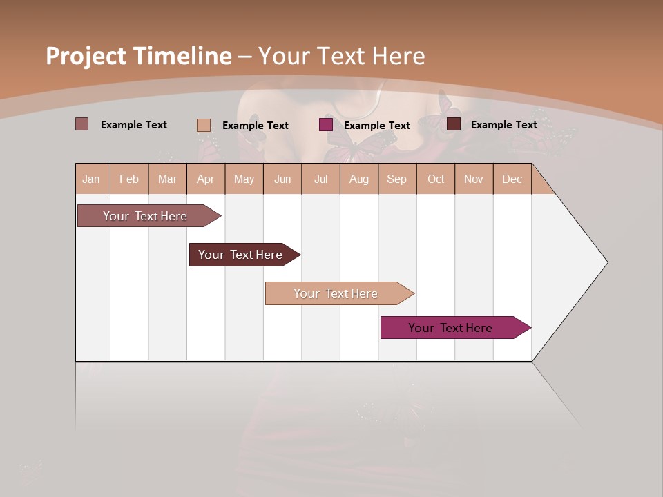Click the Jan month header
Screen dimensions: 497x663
91,179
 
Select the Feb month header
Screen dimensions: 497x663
129,179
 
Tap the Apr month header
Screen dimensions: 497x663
205,179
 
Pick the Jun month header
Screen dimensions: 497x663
282,179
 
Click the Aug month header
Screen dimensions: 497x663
358,179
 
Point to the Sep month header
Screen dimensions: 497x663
396,179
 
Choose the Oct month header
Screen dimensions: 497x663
436,179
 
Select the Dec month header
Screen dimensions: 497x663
512,179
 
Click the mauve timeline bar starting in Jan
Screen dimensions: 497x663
145,216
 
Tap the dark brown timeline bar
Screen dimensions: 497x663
240,255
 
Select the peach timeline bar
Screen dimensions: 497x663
336,293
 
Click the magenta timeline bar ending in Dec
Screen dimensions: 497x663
450,328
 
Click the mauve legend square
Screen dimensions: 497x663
81,124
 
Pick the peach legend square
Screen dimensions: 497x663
203,125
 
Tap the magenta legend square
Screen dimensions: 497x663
325,125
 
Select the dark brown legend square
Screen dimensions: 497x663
453,124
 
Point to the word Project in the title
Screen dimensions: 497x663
86,56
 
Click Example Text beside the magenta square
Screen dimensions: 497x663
376,126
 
